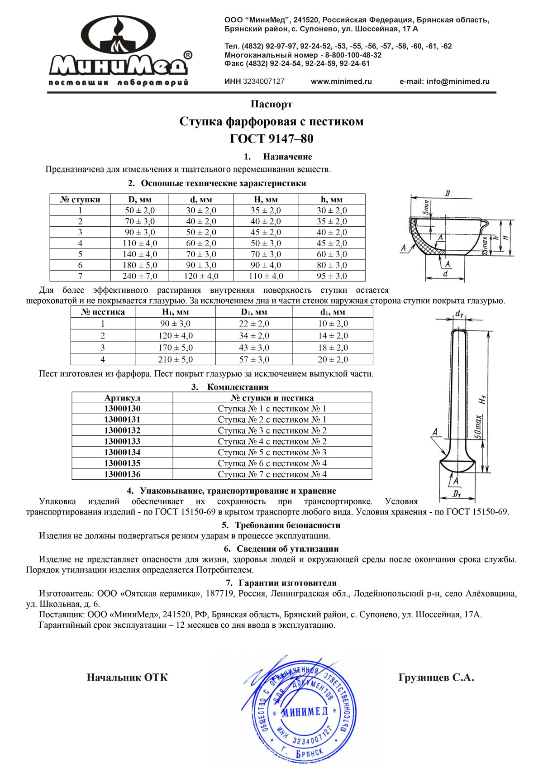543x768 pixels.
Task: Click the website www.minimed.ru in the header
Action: [341, 81]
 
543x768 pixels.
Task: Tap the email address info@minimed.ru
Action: [444, 81]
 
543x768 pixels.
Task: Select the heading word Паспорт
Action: [271, 104]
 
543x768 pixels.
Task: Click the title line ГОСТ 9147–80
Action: [271, 138]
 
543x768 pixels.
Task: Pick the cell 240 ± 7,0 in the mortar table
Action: [139, 276]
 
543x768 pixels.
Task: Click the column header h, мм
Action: [332, 200]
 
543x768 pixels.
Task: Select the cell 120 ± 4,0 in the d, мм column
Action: [201, 276]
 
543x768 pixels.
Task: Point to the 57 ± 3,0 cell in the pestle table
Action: [254, 359]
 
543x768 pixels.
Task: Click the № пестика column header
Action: [103, 312]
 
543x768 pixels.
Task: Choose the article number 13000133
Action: [122, 441]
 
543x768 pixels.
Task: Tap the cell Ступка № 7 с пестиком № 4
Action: [272, 474]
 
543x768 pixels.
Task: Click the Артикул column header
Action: [122, 398]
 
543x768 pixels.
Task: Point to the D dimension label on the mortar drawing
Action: [447, 194]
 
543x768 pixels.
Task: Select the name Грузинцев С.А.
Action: [436, 677]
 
